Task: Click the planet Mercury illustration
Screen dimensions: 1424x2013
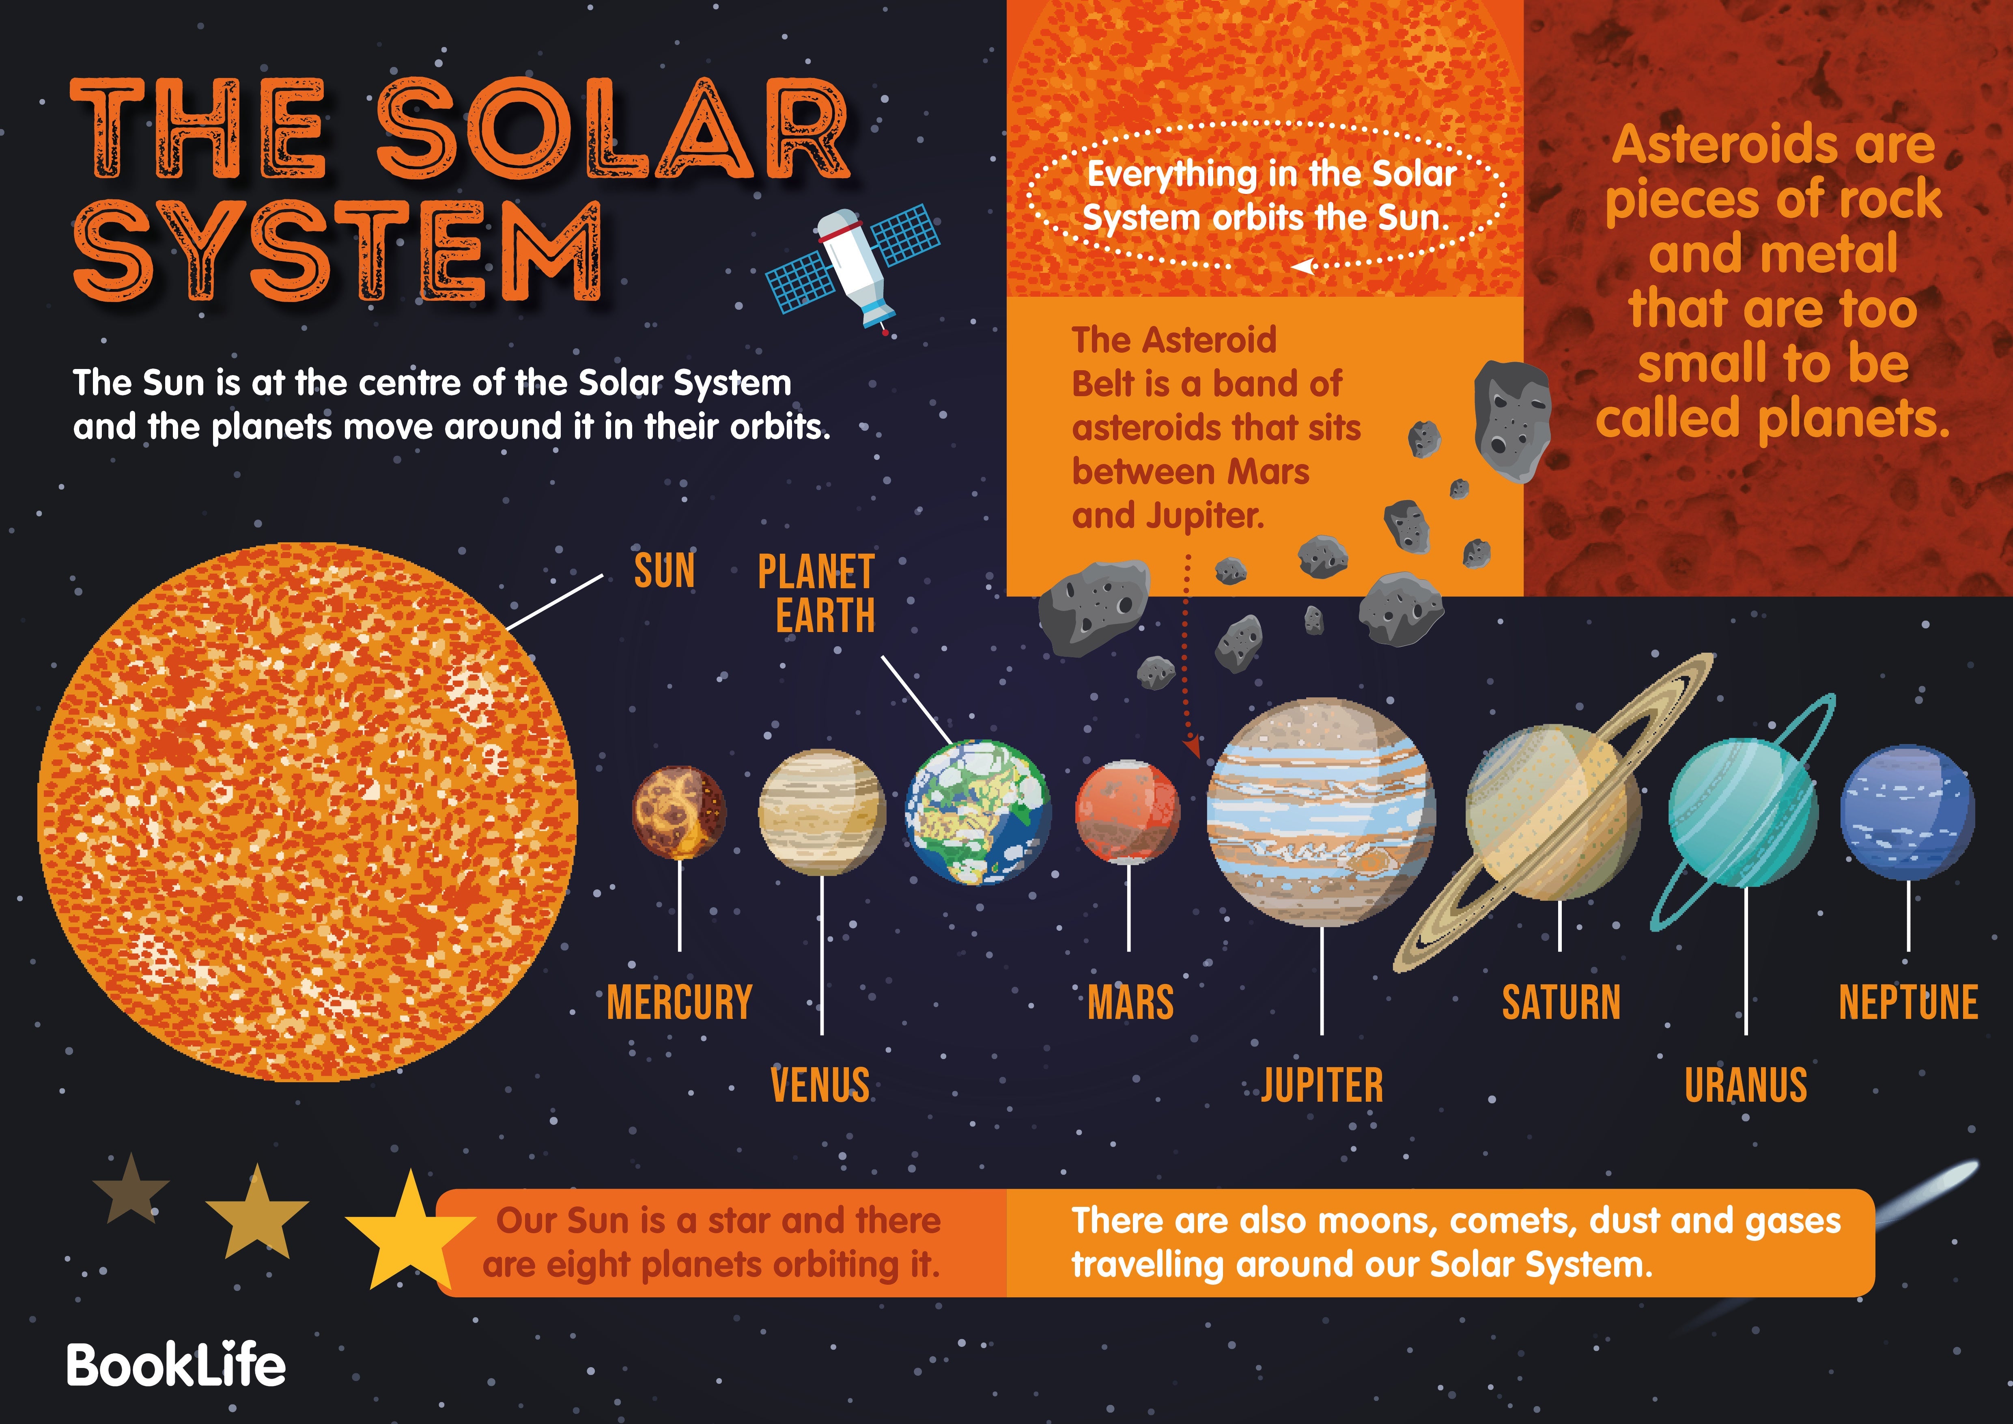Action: (680, 811)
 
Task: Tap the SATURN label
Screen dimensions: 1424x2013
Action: (1561, 1002)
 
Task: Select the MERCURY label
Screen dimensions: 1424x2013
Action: (680, 1002)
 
